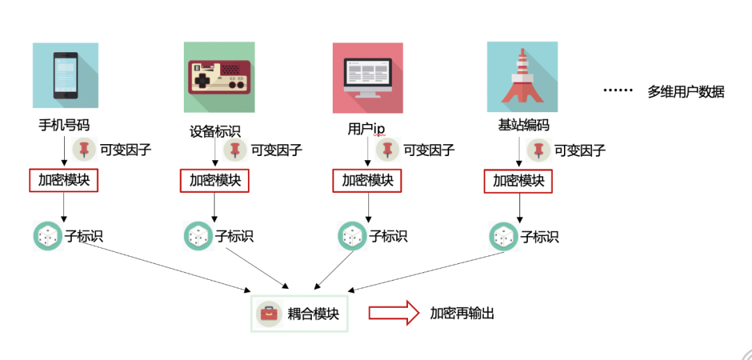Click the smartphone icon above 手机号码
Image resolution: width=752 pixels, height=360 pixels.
65,75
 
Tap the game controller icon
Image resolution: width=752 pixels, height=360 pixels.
219,77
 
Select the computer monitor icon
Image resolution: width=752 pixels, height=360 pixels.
368,78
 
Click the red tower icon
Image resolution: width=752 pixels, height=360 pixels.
522,77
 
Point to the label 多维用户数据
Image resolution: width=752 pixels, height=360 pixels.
686,92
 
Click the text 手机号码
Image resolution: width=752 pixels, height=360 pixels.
64,125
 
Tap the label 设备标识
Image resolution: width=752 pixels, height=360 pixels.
215,132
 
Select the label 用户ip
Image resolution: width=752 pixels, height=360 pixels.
366,128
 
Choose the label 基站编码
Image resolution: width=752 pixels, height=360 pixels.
523,125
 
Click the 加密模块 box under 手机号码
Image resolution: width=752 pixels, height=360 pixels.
64,180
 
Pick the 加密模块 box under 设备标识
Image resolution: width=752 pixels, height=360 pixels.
214,181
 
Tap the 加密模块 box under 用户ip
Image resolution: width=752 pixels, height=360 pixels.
368,180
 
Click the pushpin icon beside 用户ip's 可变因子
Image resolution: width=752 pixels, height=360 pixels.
388,150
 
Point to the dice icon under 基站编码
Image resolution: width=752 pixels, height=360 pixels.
504,236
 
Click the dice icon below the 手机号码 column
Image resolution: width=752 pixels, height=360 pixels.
48,236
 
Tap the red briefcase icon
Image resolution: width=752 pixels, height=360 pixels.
269,314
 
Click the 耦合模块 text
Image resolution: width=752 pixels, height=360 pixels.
313,314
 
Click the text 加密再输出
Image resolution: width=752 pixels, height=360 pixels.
462,313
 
